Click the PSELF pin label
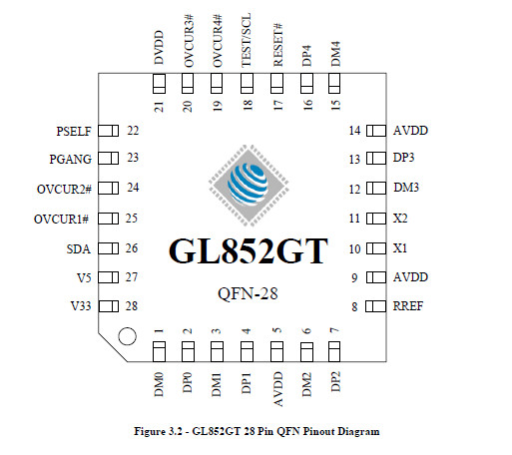pyautogui.click(x=74, y=132)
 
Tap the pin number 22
pyautogui.click(x=133, y=131)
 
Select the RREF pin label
pyautogui.click(x=408, y=306)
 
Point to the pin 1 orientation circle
pyautogui.click(x=127, y=336)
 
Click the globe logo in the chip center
pyautogui.click(x=249, y=185)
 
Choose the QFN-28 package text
pyautogui.click(x=248, y=293)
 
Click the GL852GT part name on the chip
pyautogui.click(x=249, y=251)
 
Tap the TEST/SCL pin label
pyautogui.click(x=247, y=40)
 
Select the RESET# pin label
pyautogui.click(x=277, y=45)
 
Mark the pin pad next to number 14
pyautogui.click(x=376, y=131)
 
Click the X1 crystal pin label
pyautogui.click(x=400, y=248)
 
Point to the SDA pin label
pyautogui.click(x=79, y=249)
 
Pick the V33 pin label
pyautogui.click(x=81, y=306)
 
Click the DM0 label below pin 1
pyautogui.click(x=159, y=384)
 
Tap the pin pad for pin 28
pyautogui.click(x=109, y=306)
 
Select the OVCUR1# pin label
pyautogui.click(x=61, y=220)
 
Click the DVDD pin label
pyautogui.click(x=159, y=48)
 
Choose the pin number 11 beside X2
pyautogui.click(x=354, y=219)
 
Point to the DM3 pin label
pyautogui.click(x=406, y=188)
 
